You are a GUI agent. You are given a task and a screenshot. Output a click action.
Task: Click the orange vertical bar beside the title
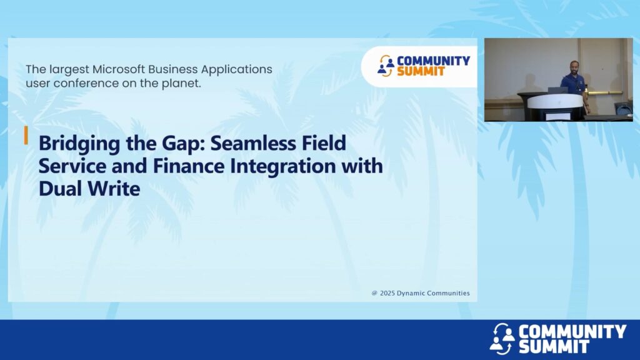[x=26, y=135]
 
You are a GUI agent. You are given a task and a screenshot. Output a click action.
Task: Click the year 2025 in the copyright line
[x=387, y=293]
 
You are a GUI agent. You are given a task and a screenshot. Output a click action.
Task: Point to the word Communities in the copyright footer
[x=444, y=293]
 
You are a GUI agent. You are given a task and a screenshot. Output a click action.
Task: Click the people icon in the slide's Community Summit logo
[x=386, y=66]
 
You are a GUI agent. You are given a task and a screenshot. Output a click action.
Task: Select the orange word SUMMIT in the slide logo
[x=421, y=71]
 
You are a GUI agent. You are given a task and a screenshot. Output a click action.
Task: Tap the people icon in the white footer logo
[x=502, y=338]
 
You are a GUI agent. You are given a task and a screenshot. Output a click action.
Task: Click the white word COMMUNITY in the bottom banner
[x=572, y=331]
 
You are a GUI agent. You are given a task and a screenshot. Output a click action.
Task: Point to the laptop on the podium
[x=557, y=91]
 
